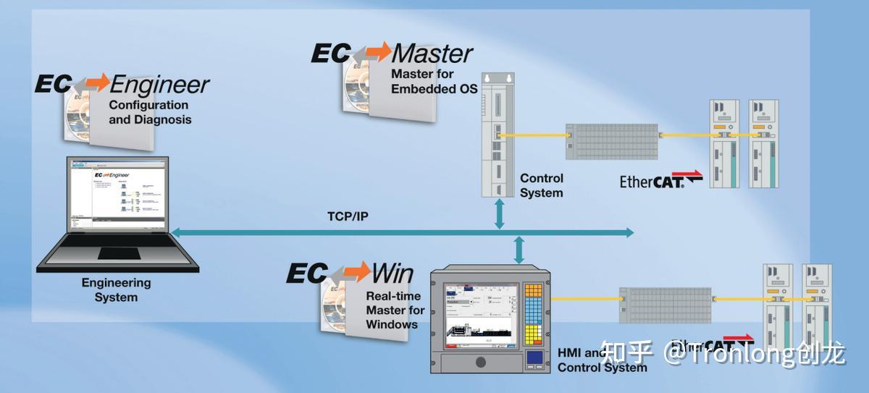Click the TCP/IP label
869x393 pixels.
(348, 216)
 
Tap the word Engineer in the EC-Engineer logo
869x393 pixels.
(159, 85)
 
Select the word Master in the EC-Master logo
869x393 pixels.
(432, 53)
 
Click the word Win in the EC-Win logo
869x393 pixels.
(392, 273)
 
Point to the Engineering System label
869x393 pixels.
(116, 290)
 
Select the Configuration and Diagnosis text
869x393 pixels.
(150, 111)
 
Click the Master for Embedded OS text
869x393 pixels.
(434, 81)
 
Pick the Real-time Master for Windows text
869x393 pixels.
(395, 310)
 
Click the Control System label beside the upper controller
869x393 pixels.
(541, 185)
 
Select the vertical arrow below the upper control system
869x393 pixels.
(499, 215)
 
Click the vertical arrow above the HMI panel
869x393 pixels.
(519, 250)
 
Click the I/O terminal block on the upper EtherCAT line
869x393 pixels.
(611, 140)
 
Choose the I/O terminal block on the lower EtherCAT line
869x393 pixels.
(666, 304)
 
